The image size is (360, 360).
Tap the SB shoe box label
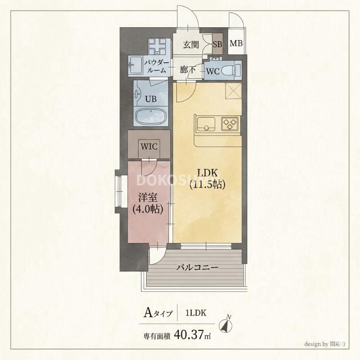217,45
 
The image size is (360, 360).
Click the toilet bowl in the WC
230,71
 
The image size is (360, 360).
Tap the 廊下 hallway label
187,71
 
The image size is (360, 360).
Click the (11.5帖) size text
207,184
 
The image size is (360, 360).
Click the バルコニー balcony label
197,267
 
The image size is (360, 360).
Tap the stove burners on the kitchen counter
230,123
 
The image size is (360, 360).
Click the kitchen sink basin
206,122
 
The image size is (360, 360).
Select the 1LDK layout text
196,313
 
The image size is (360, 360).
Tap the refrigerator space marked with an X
234,91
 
